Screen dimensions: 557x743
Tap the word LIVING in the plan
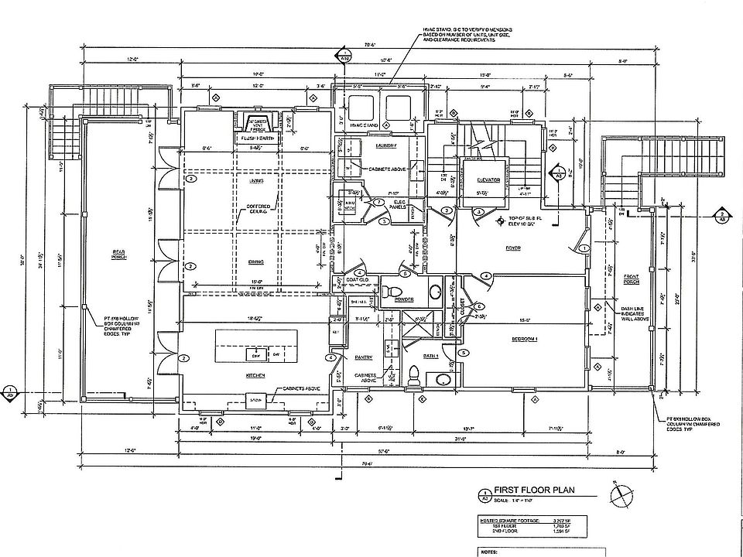(x=256, y=180)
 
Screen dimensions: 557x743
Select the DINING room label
(x=257, y=261)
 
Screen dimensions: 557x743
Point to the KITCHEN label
(x=256, y=375)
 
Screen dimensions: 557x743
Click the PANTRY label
(x=364, y=357)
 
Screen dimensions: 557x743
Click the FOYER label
(x=512, y=248)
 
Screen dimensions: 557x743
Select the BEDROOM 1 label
(x=526, y=339)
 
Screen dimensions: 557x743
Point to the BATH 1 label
(x=431, y=356)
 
